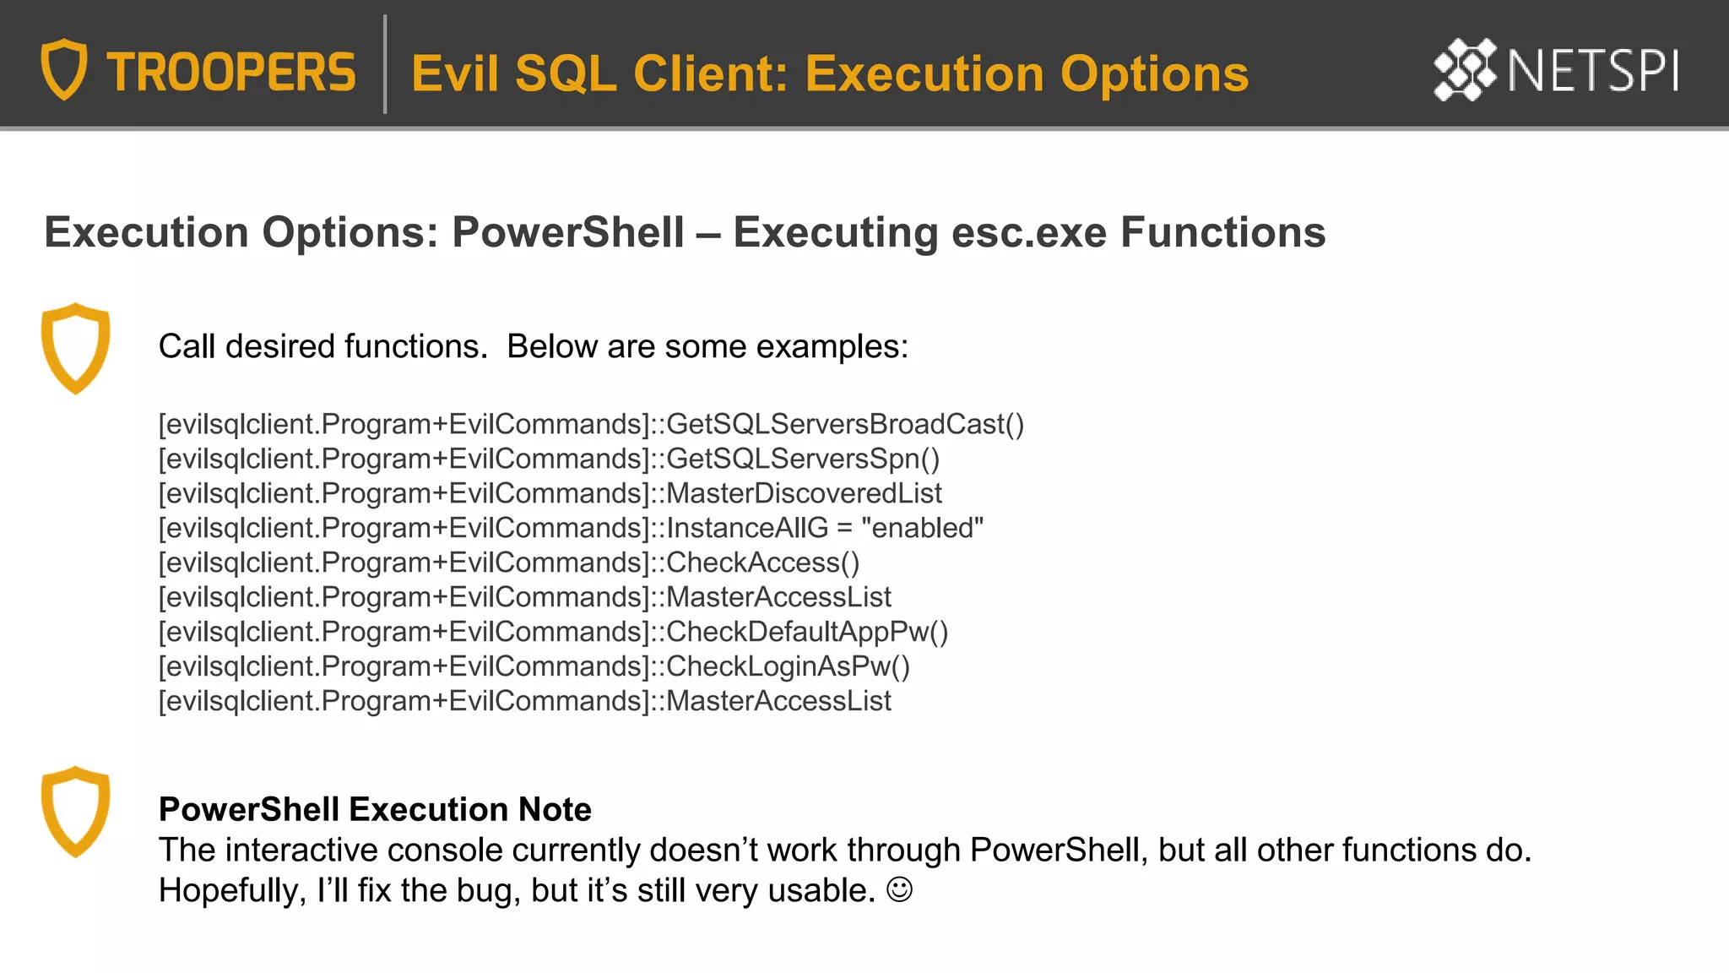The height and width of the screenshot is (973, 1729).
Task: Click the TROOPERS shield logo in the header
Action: [x=64, y=69]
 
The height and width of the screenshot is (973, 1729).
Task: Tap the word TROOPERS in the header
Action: [x=231, y=73]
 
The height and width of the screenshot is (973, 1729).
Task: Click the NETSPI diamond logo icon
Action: [x=1465, y=69]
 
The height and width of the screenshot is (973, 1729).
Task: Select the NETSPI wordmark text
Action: [x=1593, y=71]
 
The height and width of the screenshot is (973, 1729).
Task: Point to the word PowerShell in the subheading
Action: [x=568, y=232]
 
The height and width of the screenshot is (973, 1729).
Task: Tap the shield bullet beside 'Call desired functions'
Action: [x=76, y=348]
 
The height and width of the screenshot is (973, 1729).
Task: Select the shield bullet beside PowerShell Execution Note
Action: [x=76, y=812]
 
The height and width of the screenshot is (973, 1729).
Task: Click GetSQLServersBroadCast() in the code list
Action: [x=845, y=424]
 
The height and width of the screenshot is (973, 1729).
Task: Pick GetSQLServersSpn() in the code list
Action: [x=803, y=459]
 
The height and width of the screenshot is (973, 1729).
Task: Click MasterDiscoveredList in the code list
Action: [x=804, y=493]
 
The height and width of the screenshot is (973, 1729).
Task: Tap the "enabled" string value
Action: [x=922, y=528]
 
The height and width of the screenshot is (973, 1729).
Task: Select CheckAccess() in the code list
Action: [x=763, y=563]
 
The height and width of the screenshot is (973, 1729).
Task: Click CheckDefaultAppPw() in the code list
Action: [x=807, y=632]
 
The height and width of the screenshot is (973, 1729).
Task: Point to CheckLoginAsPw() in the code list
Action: [x=789, y=666]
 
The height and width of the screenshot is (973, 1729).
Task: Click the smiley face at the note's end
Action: [x=900, y=889]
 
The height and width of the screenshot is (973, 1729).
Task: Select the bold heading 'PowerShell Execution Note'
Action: [x=375, y=809]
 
